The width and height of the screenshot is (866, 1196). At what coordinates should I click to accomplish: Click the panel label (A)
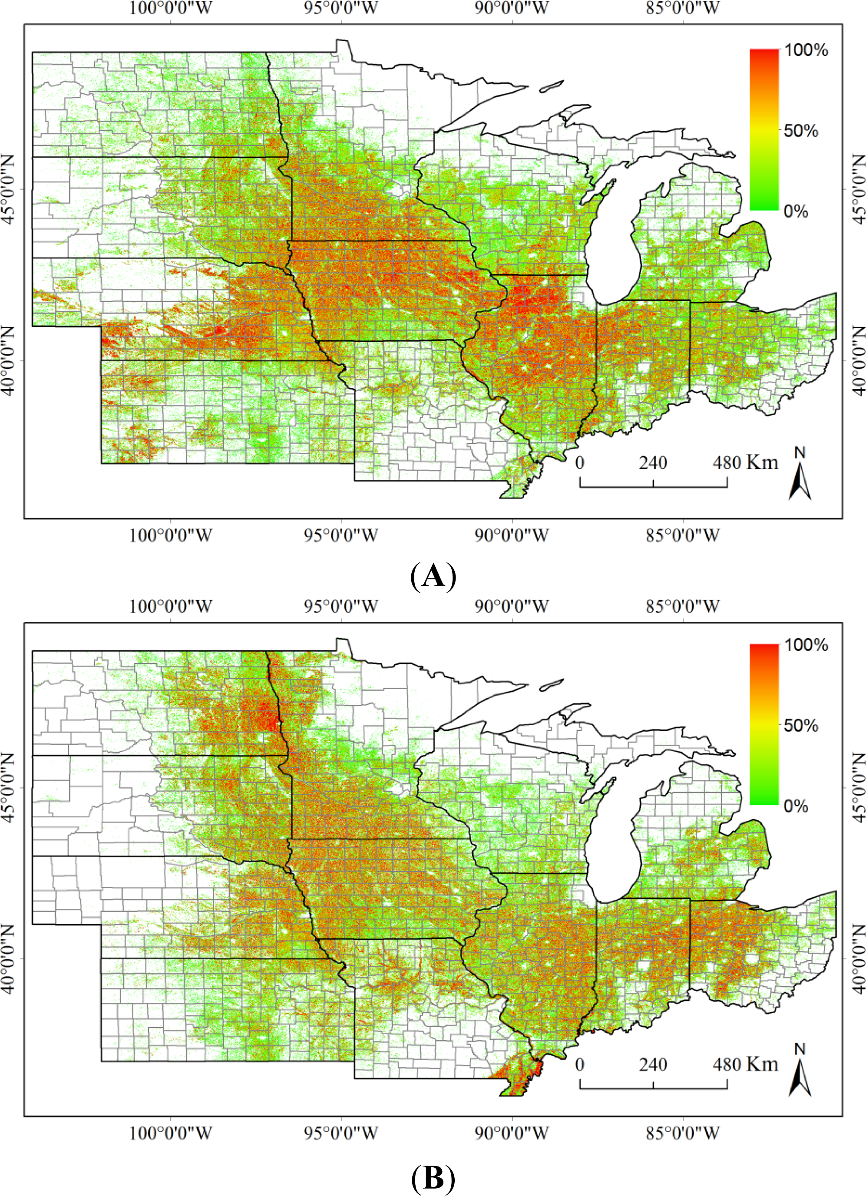433,576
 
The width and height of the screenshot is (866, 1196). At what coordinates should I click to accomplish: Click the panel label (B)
433,1176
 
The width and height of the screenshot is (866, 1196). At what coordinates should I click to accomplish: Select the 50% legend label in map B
800,726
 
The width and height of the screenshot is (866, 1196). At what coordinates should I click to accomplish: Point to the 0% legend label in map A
796,211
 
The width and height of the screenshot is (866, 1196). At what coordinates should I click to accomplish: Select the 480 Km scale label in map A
745,463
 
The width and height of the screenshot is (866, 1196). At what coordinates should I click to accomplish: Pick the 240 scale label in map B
653,1061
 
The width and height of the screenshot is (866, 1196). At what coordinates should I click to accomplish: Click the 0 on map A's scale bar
580,463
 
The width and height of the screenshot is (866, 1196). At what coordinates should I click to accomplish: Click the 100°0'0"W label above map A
170,8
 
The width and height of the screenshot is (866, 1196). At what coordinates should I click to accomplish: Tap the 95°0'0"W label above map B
340,606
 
